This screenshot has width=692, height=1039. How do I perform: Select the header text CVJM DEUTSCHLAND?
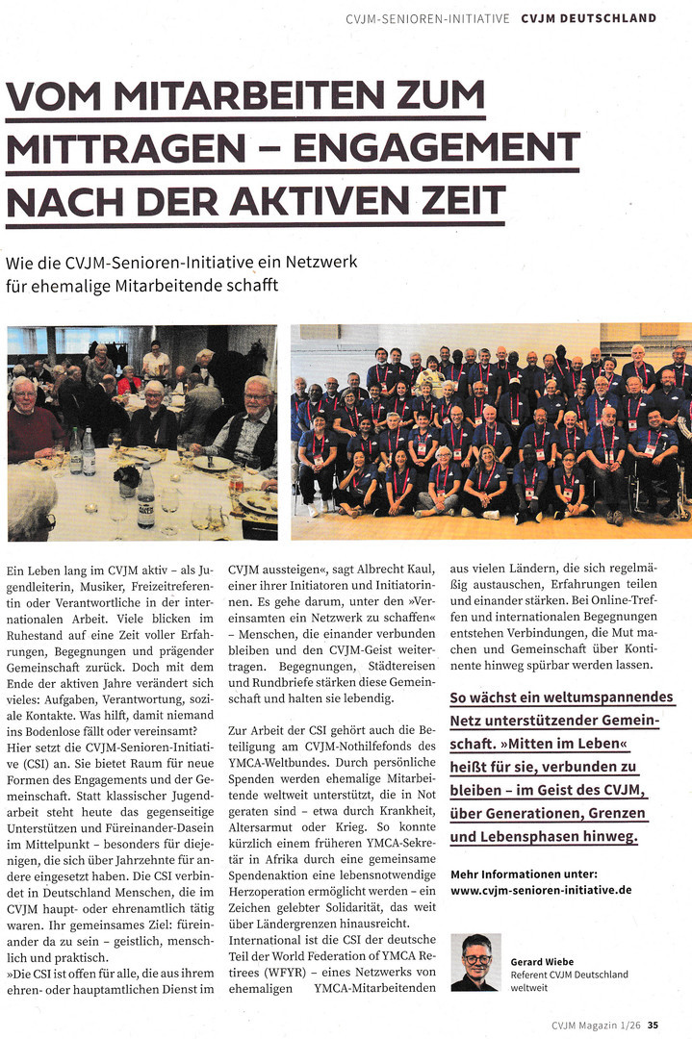coord(589,17)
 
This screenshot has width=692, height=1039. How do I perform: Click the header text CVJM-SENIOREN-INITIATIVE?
coord(427,17)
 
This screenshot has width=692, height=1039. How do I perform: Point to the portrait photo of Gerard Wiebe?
coord(475,961)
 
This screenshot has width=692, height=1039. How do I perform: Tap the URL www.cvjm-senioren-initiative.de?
coord(541,889)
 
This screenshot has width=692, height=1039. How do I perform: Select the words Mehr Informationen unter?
coord(524,873)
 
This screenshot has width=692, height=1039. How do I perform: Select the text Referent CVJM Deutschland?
coord(569,975)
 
